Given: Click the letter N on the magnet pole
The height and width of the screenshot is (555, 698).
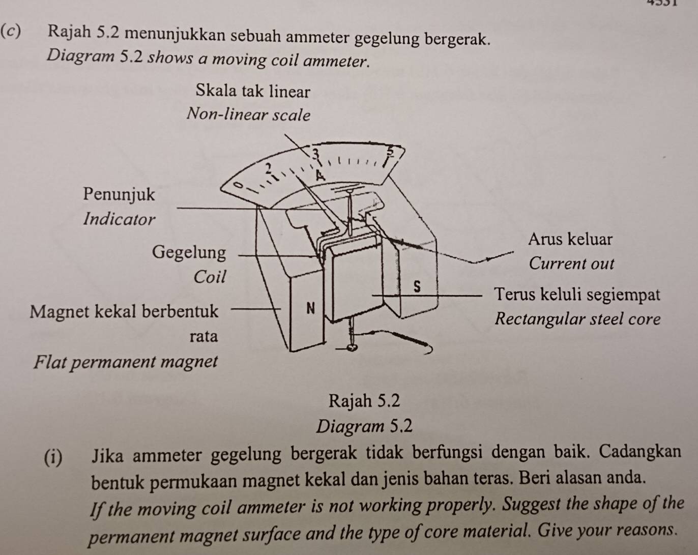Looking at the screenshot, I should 310,308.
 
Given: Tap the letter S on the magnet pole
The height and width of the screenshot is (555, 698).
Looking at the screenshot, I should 417,287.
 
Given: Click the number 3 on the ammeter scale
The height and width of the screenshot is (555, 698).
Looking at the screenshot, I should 315,153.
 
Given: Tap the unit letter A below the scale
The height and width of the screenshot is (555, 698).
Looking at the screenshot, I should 319,176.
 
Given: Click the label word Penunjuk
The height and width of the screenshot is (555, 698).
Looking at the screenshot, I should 119,194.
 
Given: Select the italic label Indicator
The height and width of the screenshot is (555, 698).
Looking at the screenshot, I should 119,219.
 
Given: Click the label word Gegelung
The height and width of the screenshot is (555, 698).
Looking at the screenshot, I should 189,252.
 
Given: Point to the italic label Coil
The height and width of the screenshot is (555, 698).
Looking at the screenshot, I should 209,277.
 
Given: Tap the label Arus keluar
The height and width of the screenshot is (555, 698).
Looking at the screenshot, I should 570,239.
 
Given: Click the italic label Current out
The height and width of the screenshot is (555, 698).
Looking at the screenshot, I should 571,264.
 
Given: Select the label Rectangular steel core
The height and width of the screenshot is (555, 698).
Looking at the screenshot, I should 577,319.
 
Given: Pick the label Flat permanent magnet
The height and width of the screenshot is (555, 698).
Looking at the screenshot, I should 126,362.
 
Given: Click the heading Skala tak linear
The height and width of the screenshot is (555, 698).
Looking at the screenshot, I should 252,92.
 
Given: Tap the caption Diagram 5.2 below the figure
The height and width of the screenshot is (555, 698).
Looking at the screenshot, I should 364,426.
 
